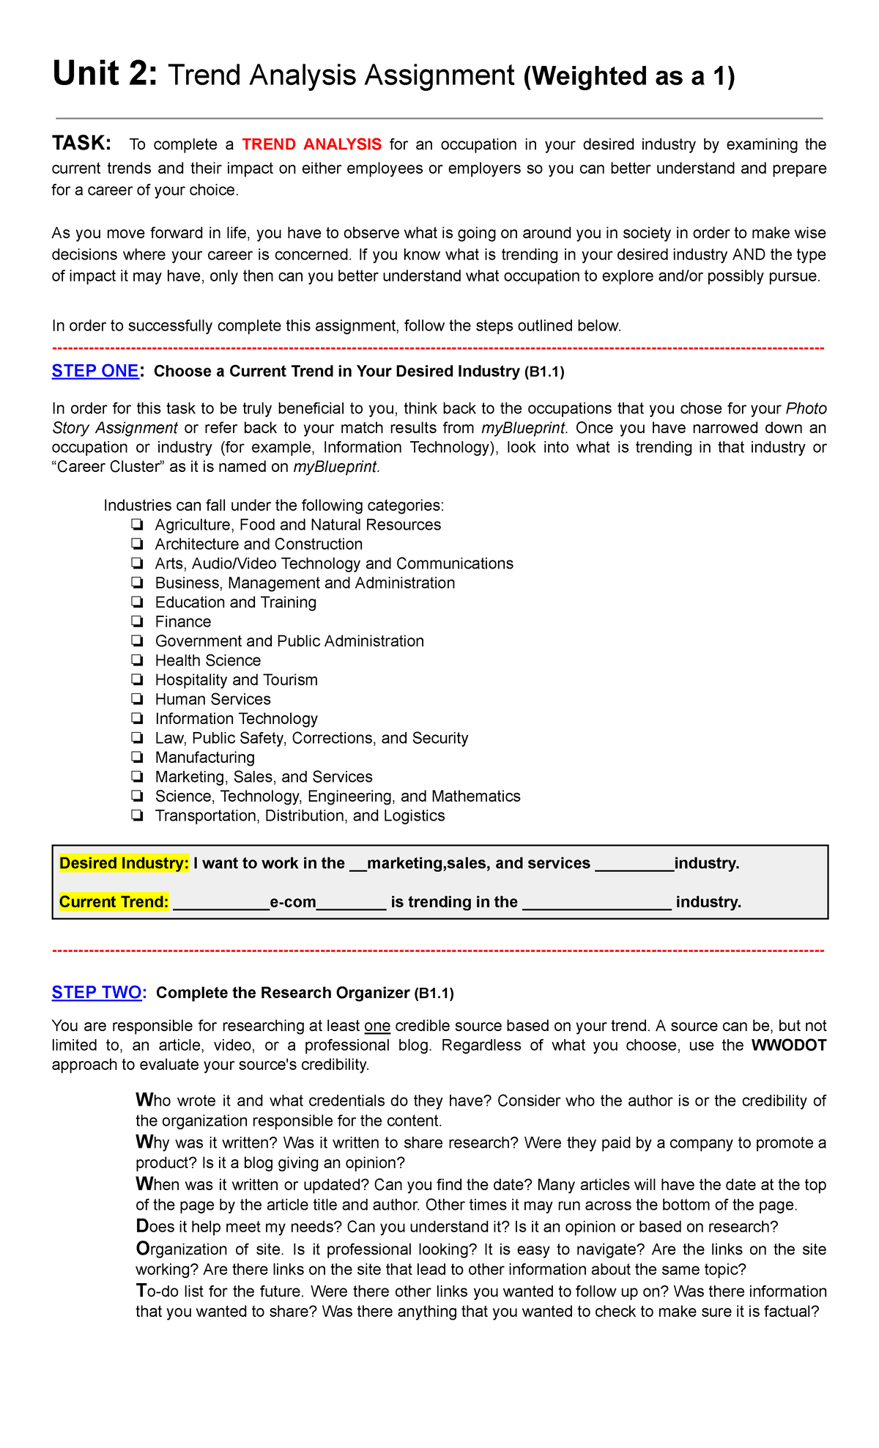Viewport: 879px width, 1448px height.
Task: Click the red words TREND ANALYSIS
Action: (311, 144)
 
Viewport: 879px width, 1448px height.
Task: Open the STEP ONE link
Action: (95, 372)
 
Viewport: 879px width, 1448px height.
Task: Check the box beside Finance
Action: (137, 621)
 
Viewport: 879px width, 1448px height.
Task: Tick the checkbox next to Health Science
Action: (137, 660)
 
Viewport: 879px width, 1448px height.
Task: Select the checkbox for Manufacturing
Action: (137, 757)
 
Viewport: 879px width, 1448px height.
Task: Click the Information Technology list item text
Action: (236, 719)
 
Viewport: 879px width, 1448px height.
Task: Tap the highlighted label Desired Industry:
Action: (124, 863)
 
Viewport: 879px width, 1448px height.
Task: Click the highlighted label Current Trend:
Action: (114, 902)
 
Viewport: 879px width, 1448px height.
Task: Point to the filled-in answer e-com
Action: (293, 902)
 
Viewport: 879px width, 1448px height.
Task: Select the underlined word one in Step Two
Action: (377, 1026)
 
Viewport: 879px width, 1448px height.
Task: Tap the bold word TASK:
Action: (81, 143)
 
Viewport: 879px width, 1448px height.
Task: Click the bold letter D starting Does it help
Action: (141, 1227)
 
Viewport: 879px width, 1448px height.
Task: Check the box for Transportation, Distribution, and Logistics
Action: (137, 816)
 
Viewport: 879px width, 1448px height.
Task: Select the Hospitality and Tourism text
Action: (236, 680)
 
